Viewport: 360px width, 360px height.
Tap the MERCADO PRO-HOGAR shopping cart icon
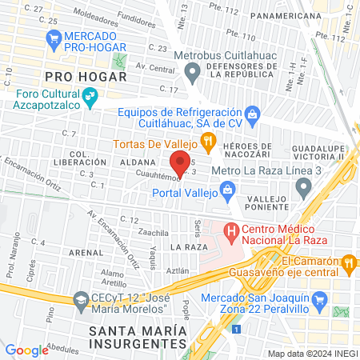click(54, 38)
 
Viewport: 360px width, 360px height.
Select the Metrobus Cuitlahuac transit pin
click(192, 73)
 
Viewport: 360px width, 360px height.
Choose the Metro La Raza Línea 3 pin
click(302, 188)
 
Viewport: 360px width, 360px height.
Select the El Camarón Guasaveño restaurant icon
click(348, 262)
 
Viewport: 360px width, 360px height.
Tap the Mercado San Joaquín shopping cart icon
click(320, 301)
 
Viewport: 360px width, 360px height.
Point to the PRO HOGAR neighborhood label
click(86, 77)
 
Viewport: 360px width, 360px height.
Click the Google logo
click(27, 350)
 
